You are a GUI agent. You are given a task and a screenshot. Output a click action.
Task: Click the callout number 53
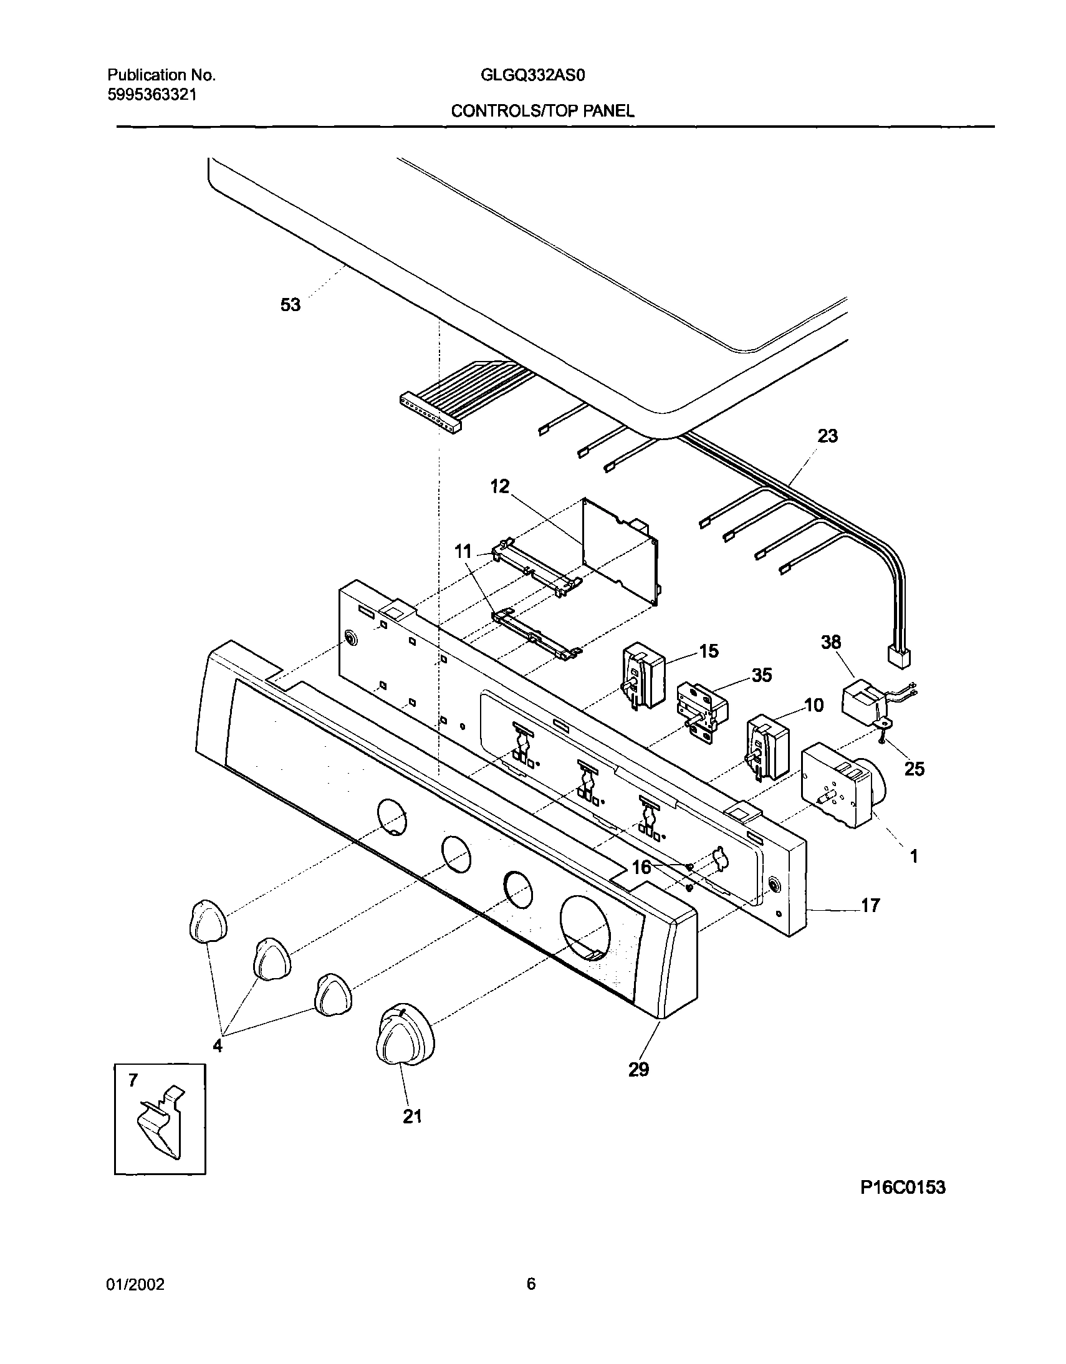coord(291,305)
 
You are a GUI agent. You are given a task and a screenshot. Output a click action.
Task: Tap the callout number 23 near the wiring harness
coord(827,436)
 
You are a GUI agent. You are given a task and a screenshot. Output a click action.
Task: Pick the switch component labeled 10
coord(767,747)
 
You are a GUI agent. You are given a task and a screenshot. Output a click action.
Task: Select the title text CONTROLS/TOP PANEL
coord(542,111)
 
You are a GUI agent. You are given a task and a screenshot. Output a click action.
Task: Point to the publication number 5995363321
coord(151,95)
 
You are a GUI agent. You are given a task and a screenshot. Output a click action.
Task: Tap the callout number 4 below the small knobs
coord(218,1045)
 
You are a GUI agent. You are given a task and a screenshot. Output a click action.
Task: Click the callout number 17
coord(870,905)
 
